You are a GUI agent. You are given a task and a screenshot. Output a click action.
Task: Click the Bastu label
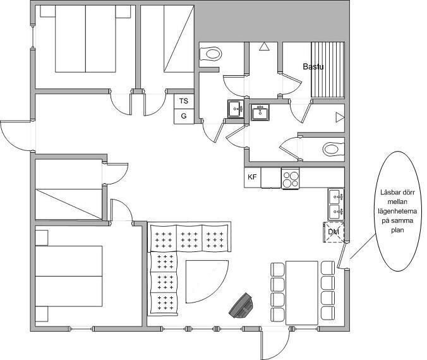point(313,66)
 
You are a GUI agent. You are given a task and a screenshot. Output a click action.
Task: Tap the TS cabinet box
point(184,101)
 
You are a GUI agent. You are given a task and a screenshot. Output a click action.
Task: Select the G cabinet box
point(184,116)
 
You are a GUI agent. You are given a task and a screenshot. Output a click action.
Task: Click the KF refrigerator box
point(252,177)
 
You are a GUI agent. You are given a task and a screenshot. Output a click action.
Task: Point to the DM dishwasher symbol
point(334,232)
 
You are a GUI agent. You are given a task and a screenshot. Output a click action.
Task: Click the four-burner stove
point(291,178)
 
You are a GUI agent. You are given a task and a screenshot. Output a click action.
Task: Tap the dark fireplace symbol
point(241,306)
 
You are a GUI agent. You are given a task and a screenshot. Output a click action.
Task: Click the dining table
point(302,293)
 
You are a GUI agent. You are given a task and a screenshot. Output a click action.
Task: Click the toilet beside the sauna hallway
point(210,54)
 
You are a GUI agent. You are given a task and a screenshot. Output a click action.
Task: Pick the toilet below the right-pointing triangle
point(334,149)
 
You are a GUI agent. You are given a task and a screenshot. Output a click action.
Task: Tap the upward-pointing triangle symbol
point(264,46)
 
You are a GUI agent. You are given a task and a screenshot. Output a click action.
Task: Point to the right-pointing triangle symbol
point(340,117)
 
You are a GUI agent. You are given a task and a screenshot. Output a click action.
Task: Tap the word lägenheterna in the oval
point(397,212)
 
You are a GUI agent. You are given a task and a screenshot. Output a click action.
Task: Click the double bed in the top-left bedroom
point(85,39)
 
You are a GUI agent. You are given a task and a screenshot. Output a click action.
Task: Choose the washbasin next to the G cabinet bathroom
point(236,109)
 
